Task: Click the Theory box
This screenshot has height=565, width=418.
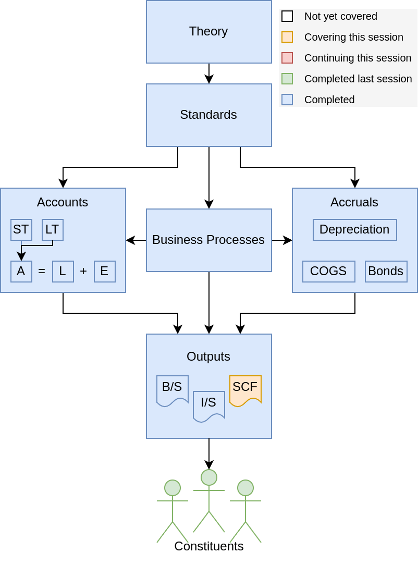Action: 208,32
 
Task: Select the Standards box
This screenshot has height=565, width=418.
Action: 208,115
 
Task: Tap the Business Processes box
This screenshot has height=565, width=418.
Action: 208,240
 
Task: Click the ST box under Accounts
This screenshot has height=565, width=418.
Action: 21,230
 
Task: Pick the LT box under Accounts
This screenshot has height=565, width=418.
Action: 53,230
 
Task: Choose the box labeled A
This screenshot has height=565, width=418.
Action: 21,272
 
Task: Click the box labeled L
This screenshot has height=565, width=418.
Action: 63,272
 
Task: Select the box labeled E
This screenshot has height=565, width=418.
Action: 105,272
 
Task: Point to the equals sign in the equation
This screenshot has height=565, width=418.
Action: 42,272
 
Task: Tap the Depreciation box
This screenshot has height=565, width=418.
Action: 354,230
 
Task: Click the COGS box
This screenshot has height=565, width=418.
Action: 328,272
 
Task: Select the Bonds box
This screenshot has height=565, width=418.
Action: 386,272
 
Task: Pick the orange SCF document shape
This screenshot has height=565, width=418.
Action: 245,389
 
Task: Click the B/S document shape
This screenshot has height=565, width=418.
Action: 173,389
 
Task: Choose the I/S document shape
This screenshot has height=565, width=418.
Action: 209,404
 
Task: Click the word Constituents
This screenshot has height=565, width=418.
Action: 209,546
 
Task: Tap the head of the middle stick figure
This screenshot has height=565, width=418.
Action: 209,477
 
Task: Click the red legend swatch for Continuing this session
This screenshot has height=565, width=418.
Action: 287,58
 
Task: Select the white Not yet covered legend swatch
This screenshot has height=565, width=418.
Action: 287,16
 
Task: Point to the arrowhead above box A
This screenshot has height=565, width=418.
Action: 21,256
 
